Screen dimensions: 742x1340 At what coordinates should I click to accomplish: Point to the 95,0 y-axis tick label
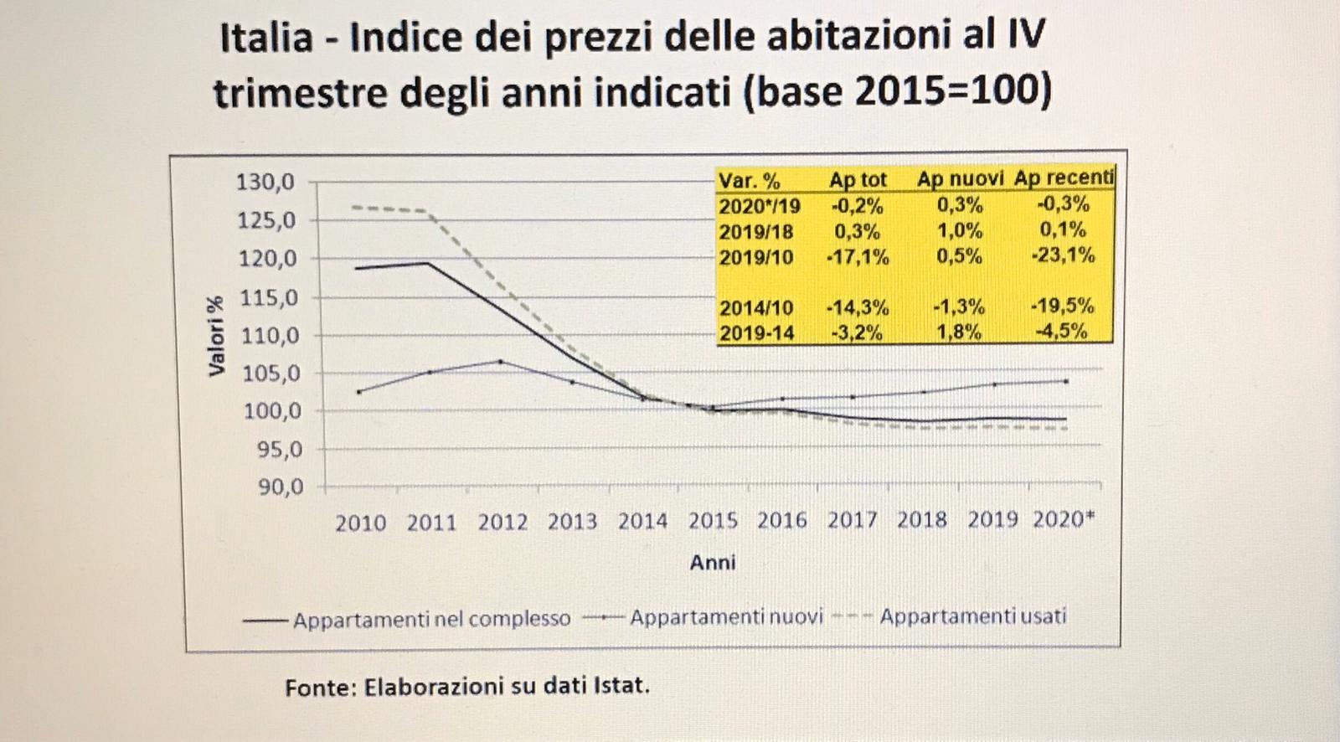pos(272,450)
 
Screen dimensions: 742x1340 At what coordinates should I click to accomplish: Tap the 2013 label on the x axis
pos(572,523)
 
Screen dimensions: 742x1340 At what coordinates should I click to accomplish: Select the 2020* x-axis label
pos(1063,520)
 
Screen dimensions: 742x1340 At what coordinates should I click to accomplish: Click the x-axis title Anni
pos(713,563)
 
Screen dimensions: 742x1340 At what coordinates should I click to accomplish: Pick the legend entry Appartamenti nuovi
pos(726,617)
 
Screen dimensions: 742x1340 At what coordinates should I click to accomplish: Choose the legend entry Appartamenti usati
pos(972,616)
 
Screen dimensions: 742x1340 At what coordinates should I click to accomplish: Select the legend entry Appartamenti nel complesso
pos(431,620)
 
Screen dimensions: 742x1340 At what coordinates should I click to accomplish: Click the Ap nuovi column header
pos(960,178)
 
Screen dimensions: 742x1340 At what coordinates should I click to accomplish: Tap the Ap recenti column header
pos(1064,178)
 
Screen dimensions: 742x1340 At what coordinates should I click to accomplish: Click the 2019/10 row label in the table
pos(755,257)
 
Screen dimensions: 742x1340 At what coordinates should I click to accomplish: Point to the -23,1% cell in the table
pos(1063,255)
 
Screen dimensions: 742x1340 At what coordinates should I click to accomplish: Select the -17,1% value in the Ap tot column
pos(857,257)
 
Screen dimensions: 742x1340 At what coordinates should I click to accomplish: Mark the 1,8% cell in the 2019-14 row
pos(959,332)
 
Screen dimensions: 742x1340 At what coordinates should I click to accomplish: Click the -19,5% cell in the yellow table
pos(1062,306)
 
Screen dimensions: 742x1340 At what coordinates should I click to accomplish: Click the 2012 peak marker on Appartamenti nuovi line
pos(501,362)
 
